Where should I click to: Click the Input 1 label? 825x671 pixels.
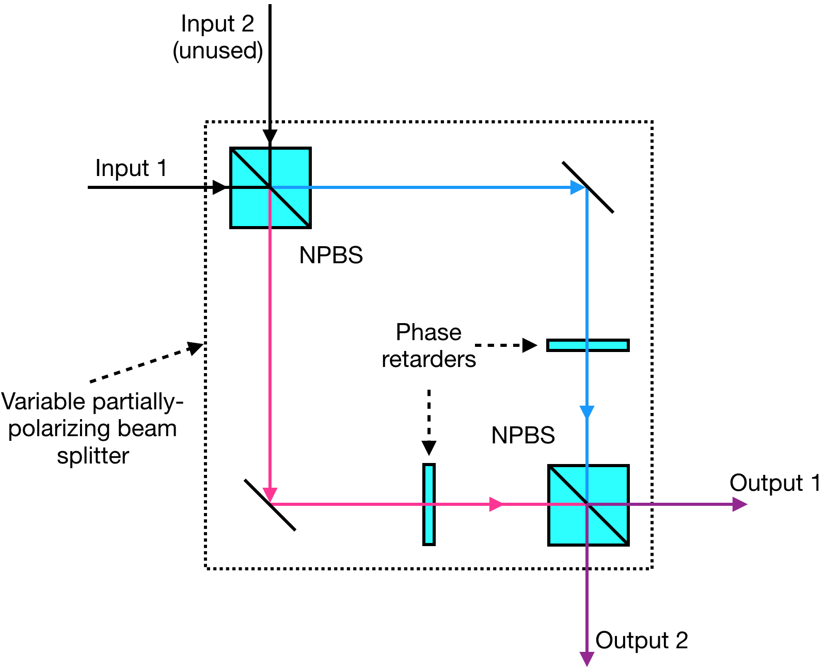(131, 168)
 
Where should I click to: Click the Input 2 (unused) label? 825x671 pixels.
(217, 37)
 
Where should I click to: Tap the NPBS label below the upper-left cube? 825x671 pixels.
(331, 255)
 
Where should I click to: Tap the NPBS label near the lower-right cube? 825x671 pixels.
(522, 435)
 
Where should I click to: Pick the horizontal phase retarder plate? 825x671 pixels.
(588, 345)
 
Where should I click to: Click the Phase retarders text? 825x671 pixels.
(429, 346)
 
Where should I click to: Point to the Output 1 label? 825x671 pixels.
(774, 483)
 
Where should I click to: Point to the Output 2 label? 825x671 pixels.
(641, 640)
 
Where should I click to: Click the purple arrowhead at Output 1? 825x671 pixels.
(739, 504)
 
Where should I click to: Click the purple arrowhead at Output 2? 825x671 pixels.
(587, 659)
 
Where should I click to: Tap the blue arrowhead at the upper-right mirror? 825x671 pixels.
(577, 187)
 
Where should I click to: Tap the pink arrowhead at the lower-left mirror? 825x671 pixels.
(270, 494)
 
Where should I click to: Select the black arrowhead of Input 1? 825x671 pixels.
(220, 187)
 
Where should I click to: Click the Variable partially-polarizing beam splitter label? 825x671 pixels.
(92, 428)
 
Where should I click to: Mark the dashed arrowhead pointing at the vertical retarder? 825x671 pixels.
(429, 448)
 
